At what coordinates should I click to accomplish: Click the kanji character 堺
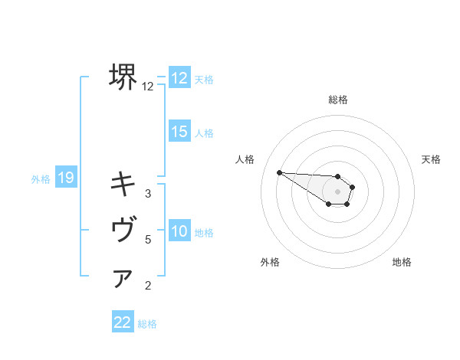click(123, 77)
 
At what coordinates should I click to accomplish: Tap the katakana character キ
click(123, 184)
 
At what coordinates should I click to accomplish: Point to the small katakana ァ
click(123, 279)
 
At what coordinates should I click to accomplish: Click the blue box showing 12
click(179, 78)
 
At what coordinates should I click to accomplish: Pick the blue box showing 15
click(179, 132)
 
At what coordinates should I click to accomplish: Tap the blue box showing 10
click(179, 231)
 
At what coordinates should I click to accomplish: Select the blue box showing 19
click(65, 178)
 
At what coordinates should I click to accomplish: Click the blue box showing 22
click(123, 322)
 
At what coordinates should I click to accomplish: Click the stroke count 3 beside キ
click(148, 193)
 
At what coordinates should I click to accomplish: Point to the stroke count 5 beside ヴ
click(148, 240)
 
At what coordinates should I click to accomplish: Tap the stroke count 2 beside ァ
click(148, 286)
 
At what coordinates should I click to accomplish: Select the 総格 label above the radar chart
click(338, 100)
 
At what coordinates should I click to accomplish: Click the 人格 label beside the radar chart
click(245, 159)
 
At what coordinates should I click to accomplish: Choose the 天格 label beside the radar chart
click(431, 159)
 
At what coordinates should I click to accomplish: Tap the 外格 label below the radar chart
click(270, 262)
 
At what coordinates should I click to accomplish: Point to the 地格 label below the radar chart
click(402, 262)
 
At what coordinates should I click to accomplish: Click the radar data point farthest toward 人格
click(279, 172)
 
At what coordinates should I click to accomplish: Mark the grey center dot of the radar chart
click(338, 191)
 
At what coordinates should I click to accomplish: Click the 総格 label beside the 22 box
click(147, 323)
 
